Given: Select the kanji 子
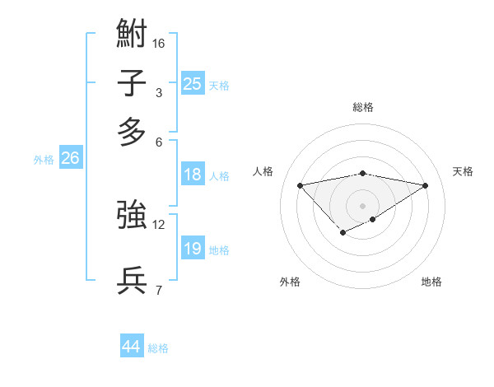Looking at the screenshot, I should [x=132, y=84].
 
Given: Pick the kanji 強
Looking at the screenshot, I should [x=132, y=216].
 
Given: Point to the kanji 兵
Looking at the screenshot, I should [x=132, y=281].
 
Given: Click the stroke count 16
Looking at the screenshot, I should [x=159, y=43].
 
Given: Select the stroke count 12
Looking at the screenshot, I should [x=159, y=224].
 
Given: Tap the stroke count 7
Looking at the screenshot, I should [x=159, y=290].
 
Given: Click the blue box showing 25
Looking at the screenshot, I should [x=192, y=83].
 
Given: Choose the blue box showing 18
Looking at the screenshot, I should [x=192, y=175].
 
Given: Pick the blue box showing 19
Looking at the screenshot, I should [x=192, y=249].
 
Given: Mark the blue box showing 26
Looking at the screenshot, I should [x=70, y=159].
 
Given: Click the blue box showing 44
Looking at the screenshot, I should [x=131, y=347].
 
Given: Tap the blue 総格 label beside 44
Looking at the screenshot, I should [x=158, y=348].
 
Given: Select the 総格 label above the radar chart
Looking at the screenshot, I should [x=362, y=107].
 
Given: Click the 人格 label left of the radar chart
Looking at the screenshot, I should [x=263, y=171].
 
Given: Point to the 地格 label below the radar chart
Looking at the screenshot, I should [x=431, y=282].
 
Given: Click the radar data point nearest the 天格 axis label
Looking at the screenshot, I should [x=426, y=185].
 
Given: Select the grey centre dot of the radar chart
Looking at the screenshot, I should [x=362, y=205].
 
